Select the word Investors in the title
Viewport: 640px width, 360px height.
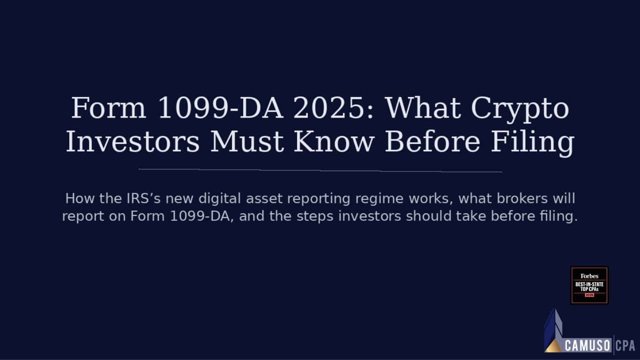133,142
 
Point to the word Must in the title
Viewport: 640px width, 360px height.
246,142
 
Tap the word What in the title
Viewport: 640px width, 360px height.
424,108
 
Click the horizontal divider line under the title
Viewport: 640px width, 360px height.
320,170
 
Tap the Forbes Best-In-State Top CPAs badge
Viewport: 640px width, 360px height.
589,285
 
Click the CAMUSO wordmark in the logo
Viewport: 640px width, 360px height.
588,346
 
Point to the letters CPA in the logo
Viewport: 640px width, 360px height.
625,346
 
